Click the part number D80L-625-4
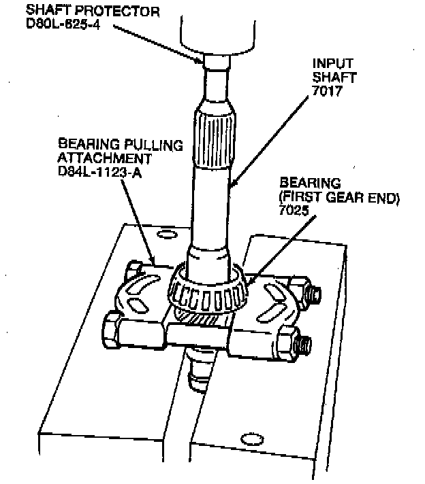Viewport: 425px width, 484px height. [63, 24]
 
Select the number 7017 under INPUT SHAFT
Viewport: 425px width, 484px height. [327, 91]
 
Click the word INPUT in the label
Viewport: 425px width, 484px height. [333, 64]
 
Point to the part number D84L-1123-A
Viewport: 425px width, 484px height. [100, 172]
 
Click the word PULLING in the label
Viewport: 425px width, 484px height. [153, 145]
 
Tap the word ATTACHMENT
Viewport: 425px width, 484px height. [105, 158]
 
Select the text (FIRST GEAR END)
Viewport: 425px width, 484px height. [339, 198]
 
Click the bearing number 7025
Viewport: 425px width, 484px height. [294, 211]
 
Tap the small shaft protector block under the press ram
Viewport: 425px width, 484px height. [217, 61]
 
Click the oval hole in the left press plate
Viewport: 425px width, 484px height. [167, 235]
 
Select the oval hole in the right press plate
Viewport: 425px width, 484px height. [252, 439]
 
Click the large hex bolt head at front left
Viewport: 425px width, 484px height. [111, 330]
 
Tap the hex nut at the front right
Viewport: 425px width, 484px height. [287, 342]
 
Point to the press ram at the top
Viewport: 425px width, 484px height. [217, 35]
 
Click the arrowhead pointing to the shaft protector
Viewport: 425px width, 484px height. [199, 60]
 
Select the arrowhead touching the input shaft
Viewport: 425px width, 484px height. [234, 181]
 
